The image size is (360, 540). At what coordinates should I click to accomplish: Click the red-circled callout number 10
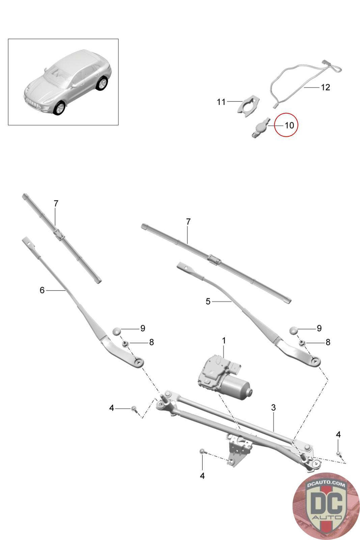point(289,125)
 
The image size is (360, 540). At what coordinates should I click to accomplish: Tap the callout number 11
point(221,102)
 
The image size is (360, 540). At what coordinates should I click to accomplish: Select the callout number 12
point(325,87)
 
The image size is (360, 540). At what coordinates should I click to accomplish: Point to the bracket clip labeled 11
point(247,106)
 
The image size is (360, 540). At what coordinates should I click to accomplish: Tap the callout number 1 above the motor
point(224,341)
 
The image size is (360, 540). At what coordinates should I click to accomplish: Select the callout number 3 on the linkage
point(273,407)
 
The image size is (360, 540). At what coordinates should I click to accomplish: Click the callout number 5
point(208,301)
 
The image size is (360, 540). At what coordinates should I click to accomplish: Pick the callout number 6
point(42,290)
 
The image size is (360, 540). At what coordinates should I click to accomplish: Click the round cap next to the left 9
point(116,331)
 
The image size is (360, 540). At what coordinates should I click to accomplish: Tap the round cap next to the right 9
point(293,330)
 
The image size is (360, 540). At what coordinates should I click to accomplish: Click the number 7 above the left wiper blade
point(56,204)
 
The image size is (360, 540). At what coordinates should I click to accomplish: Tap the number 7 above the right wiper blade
point(188,221)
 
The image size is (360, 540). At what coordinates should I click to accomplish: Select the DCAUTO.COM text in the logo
point(326,484)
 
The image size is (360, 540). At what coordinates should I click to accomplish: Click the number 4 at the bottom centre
point(202,476)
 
